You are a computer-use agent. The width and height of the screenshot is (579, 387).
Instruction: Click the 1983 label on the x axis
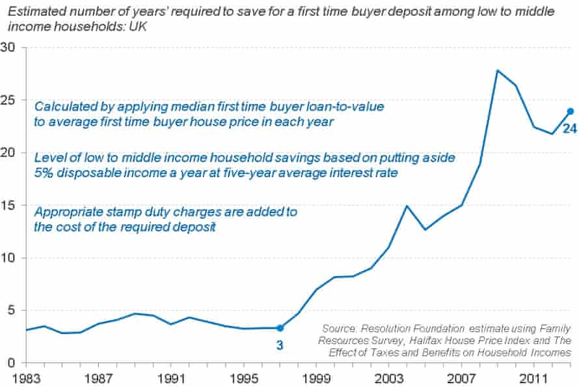coord(25,378)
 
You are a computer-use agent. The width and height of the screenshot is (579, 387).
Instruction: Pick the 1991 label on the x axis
coord(169,378)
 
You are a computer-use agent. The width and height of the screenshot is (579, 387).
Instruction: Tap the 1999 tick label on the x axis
coord(316,378)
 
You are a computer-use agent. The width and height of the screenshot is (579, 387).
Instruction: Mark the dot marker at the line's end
coord(570,111)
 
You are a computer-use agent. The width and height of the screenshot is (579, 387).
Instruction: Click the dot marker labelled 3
coord(280,328)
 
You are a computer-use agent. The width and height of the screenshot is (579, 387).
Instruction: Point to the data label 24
coord(570,129)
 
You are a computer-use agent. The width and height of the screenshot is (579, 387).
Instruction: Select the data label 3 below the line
coord(280,345)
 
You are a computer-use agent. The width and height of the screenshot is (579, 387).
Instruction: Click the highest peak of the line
coord(498,70)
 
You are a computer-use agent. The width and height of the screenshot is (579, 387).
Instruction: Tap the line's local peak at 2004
coord(407,206)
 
